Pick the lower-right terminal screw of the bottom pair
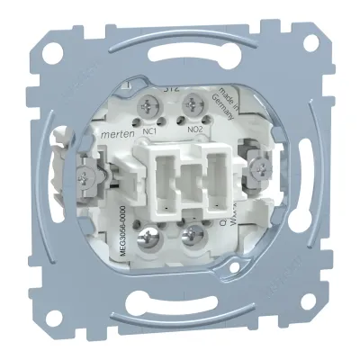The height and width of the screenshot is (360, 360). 192,238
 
